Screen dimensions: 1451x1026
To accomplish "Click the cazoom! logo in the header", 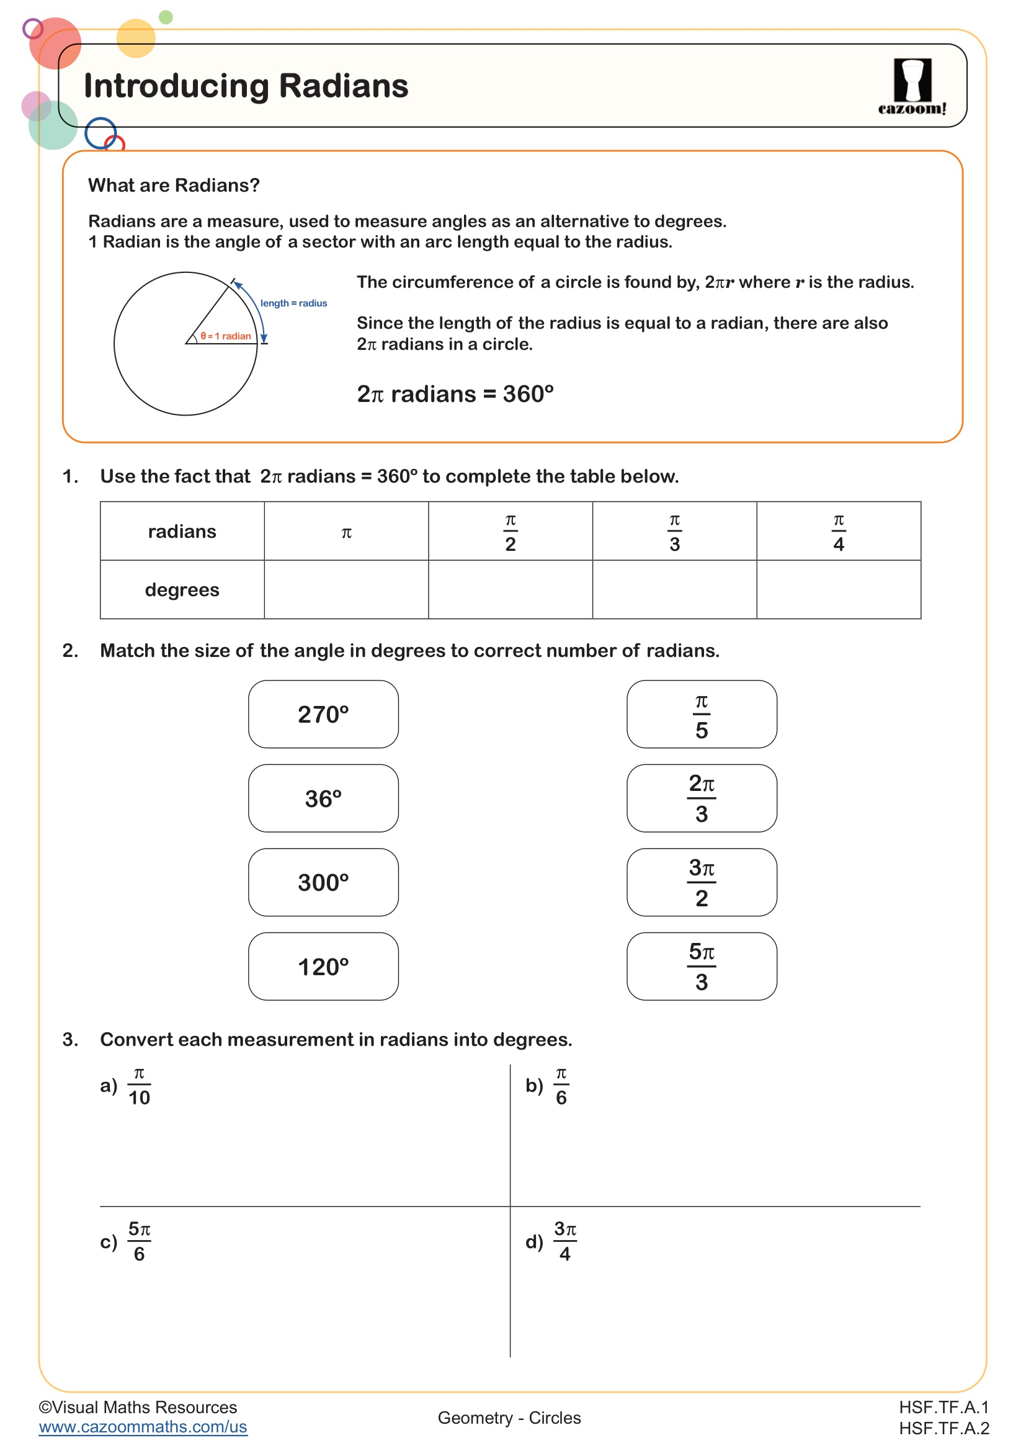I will tap(912, 87).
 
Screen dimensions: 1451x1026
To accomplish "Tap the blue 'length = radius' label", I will tap(294, 303).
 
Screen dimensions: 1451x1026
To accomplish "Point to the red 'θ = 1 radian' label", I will tap(226, 336).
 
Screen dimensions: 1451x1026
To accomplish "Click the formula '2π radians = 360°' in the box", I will tap(455, 395).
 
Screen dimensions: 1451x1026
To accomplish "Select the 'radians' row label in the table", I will tap(182, 532).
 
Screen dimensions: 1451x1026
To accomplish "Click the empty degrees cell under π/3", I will tap(674, 589).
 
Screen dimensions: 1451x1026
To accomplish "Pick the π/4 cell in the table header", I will tap(839, 532).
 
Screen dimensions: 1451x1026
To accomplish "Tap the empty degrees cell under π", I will tap(346, 589).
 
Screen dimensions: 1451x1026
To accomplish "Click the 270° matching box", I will tap(323, 714).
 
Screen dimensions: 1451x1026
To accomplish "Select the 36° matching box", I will tap(323, 798).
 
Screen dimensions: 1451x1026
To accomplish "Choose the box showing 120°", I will tap(323, 967).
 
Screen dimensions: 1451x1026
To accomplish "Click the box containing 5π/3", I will tap(702, 967).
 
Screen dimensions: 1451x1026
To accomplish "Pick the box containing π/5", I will tap(702, 714).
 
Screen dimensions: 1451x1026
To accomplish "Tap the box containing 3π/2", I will tap(702, 882).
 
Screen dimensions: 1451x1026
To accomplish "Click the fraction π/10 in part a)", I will tap(139, 1086).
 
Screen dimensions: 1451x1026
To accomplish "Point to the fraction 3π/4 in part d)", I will tap(565, 1242).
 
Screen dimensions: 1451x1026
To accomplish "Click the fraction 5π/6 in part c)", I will tap(139, 1242).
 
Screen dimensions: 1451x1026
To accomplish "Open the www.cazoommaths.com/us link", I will tap(143, 1427).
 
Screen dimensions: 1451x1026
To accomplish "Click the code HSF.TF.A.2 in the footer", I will tap(944, 1428).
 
